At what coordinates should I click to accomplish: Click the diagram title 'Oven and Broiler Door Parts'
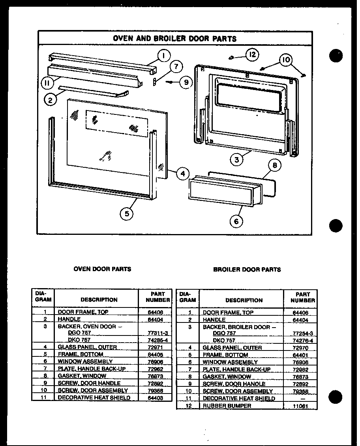[175, 39]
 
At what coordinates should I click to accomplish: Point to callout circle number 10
[286, 60]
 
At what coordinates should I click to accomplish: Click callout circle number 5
[127, 214]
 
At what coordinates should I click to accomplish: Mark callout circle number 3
[236, 160]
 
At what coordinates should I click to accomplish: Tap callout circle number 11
[47, 82]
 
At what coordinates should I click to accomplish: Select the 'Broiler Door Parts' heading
[247, 270]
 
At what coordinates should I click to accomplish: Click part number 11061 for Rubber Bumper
[300, 406]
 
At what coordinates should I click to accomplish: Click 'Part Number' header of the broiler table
[303, 297]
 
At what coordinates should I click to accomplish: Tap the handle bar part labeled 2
[93, 90]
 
